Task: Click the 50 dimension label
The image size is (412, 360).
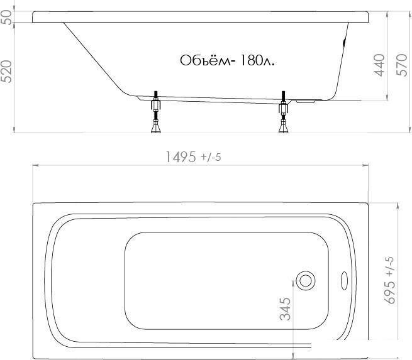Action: tap(6, 18)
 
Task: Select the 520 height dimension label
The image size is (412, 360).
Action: tap(6, 72)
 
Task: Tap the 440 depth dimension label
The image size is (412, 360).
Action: tap(379, 65)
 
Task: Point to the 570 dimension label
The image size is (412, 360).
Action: tap(401, 65)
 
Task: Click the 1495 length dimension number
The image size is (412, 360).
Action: tap(181, 157)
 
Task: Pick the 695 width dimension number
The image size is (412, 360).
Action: tap(389, 292)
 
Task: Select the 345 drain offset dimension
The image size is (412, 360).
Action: tap(285, 309)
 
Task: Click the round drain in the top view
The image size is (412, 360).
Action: tap(306, 280)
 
